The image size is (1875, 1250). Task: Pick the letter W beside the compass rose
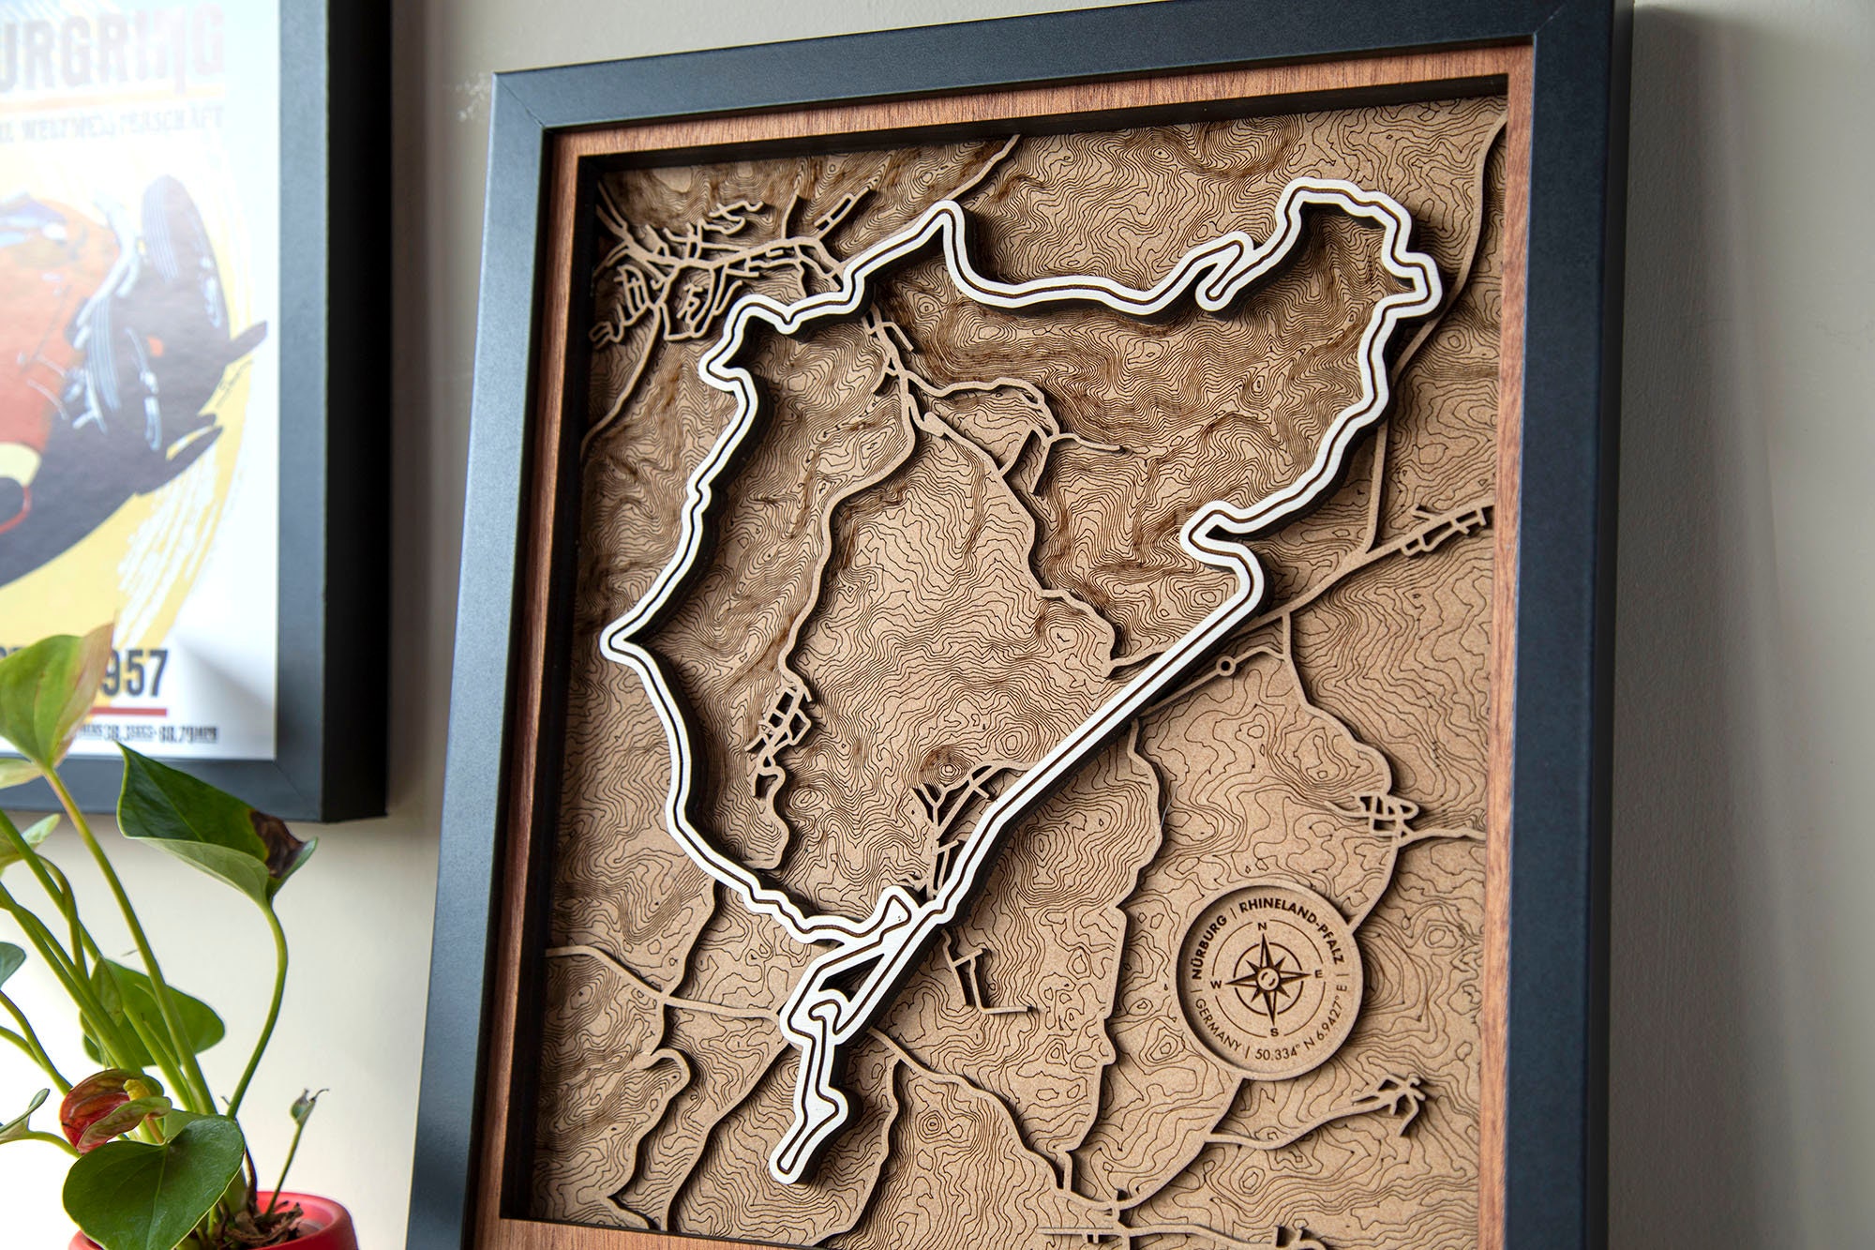click(1216, 984)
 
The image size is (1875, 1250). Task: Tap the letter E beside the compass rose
click(1319, 972)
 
